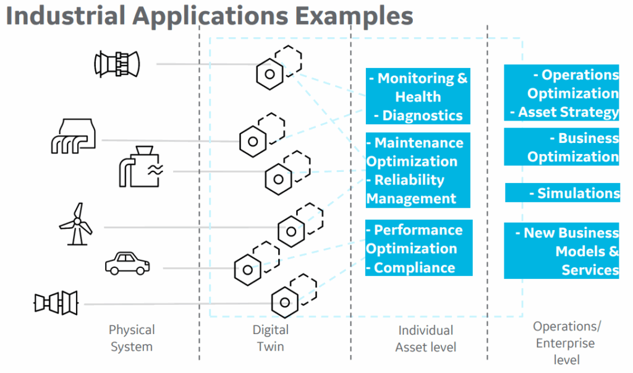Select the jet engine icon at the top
[x=116, y=63]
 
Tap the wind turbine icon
[x=75, y=223]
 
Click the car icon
[x=127, y=263]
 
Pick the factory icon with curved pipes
[x=73, y=135]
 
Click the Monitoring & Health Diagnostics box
[x=418, y=96]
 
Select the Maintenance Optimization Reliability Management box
[x=418, y=170]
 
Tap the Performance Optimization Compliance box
[x=418, y=248]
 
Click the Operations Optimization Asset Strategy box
[x=561, y=93]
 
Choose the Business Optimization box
[x=561, y=147]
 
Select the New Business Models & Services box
[x=561, y=251]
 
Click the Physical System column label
[x=132, y=338]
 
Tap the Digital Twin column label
[x=271, y=338]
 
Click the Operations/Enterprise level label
[x=566, y=343]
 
